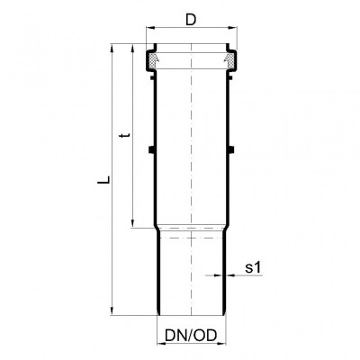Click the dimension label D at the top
191,20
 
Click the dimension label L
103,179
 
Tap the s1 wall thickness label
254,267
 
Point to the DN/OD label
191,336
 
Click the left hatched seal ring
154,59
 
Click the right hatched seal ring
229,59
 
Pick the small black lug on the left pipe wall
152,148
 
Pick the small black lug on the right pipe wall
230,148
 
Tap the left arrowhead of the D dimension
149,28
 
